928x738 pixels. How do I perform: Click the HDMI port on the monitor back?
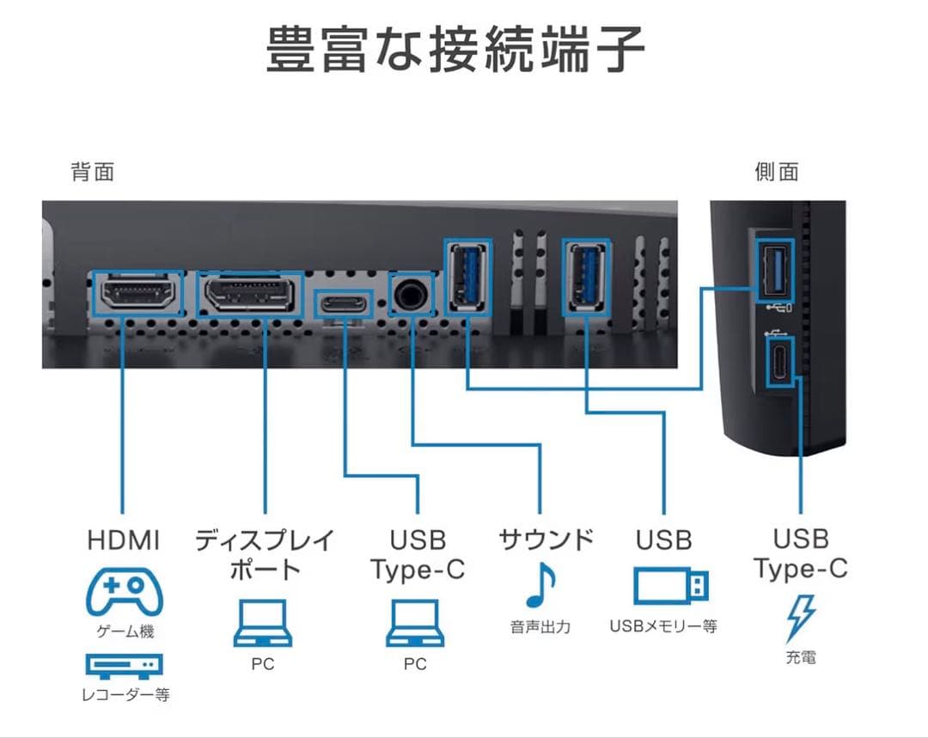pyautogui.click(x=137, y=295)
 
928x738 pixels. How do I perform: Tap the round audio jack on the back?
pyautogui.click(x=409, y=295)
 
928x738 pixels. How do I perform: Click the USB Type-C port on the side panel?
pyautogui.click(x=779, y=362)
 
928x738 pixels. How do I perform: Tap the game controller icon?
pyautogui.click(x=125, y=591)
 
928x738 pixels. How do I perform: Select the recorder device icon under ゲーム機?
pyautogui.click(x=125, y=665)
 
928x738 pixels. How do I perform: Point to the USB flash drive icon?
pyautogui.click(x=672, y=586)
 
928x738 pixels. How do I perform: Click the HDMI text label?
pyautogui.click(x=124, y=540)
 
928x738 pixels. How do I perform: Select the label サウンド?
pyautogui.click(x=546, y=540)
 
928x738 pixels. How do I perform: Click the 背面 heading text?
pyautogui.click(x=92, y=172)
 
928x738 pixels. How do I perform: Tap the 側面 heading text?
pyautogui.click(x=776, y=172)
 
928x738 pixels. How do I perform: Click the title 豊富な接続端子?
pyautogui.click(x=455, y=50)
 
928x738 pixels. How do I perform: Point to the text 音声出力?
pyautogui.click(x=540, y=626)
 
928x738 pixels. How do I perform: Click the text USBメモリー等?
pyautogui.click(x=663, y=626)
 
